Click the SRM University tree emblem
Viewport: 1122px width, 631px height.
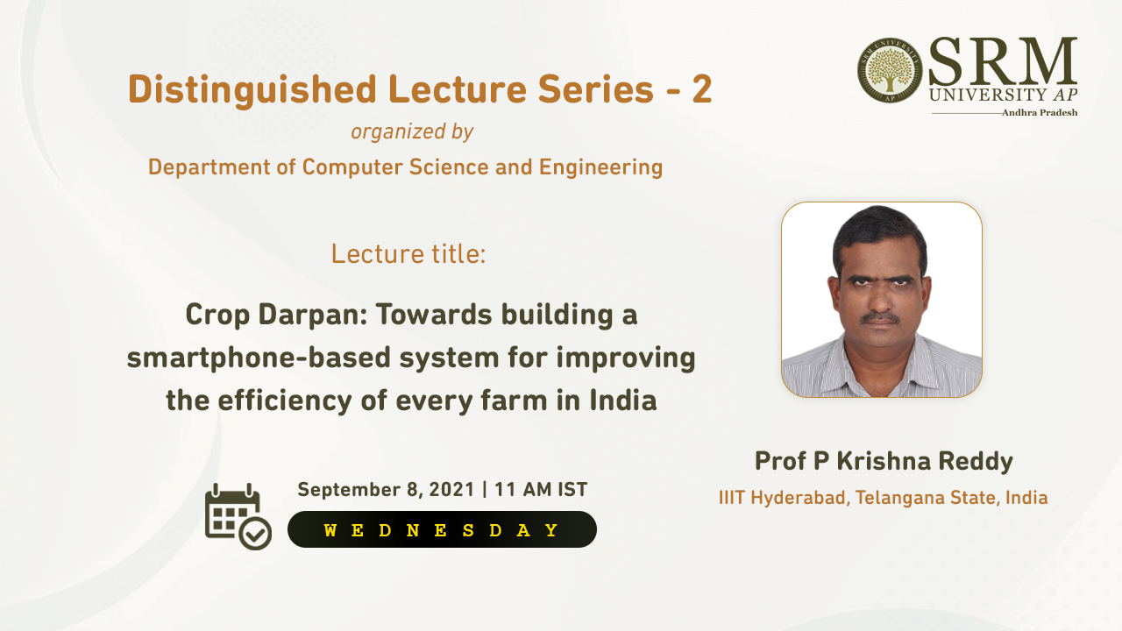[890, 70]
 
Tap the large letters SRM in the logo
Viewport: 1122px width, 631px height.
[1002, 61]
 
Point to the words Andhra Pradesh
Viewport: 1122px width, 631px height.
[1040, 113]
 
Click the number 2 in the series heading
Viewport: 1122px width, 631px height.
[702, 89]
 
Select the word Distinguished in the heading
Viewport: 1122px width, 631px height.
[252, 90]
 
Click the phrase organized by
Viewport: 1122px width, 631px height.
[412, 131]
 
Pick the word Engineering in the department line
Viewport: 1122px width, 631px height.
[600, 167]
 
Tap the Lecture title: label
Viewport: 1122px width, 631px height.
[408, 254]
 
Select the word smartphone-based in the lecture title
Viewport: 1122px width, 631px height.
[259, 358]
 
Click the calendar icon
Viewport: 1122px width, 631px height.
[238, 517]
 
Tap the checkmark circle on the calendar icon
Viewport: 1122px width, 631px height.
[255, 534]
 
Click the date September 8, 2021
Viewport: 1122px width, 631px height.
[386, 490]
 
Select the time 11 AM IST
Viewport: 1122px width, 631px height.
[541, 489]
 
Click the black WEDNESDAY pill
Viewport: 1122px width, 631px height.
[442, 529]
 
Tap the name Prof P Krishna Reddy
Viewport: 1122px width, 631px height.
[884, 461]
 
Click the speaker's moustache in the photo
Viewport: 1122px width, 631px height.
[881, 317]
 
